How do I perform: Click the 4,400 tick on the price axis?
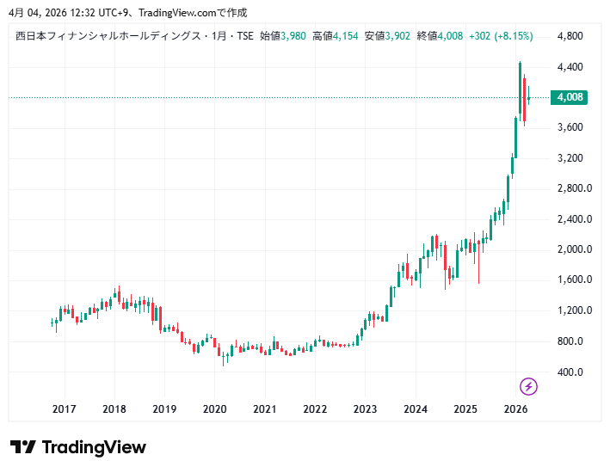(570, 67)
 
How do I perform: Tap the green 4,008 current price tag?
(570, 97)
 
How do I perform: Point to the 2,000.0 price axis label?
(574, 249)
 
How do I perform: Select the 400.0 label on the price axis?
(571, 372)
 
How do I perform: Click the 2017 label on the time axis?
(65, 409)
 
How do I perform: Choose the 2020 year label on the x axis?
(214, 409)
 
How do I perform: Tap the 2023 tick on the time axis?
(365, 409)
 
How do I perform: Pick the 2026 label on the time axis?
(514, 409)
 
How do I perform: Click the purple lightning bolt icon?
(529, 386)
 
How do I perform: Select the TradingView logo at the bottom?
(78, 447)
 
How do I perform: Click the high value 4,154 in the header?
(346, 36)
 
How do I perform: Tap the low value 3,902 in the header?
(398, 36)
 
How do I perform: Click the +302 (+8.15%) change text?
(501, 36)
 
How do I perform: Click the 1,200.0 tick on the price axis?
(574, 310)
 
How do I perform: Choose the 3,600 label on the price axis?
(570, 127)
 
